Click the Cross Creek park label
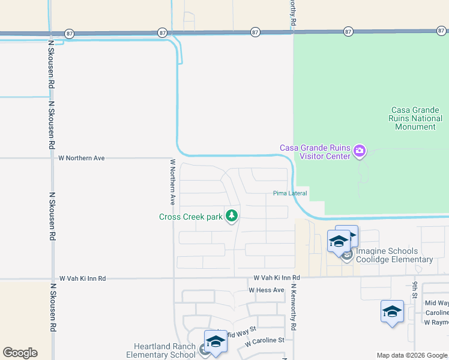(x=190, y=217)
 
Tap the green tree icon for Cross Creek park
(x=232, y=217)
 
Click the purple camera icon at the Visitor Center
(x=360, y=151)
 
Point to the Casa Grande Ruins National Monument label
(x=417, y=118)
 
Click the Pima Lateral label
(x=290, y=193)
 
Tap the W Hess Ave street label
(x=267, y=290)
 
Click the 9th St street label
(x=414, y=292)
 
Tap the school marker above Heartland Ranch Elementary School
(x=215, y=343)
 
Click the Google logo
(x=20, y=353)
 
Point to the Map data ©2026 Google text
(x=411, y=355)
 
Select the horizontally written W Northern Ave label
(x=82, y=158)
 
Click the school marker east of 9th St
(x=392, y=313)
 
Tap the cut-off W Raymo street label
(x=436, y=322)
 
